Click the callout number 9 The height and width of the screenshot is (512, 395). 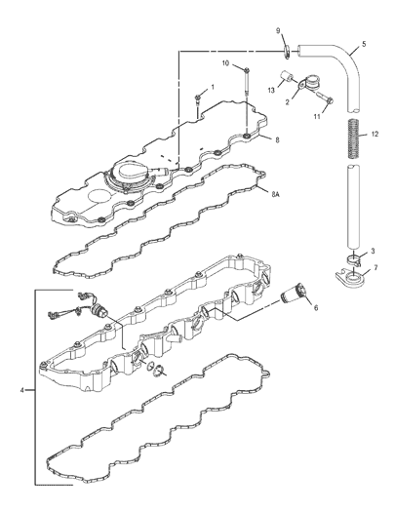[x=278, y=30]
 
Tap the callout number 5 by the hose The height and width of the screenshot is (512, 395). [x=364, y=44]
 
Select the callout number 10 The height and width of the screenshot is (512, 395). [x=226, y=63]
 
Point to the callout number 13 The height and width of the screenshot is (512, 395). [x=271, y=91]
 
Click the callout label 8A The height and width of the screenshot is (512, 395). [x=275, y=194]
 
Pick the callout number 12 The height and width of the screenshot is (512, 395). [x=375, y=134]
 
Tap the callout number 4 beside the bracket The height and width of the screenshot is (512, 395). [x=21, y=390]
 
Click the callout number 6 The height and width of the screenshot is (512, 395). [x=316, y=307]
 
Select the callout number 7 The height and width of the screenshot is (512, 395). [x=375, y=268]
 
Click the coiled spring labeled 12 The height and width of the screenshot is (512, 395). [x=352, y=138]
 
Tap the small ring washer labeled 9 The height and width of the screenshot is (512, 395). [x=287, y=53]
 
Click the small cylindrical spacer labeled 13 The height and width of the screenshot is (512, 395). [x=286, y=77]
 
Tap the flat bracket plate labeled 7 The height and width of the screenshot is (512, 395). [x=350, y=279]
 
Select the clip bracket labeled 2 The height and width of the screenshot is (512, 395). [x=308, y=82]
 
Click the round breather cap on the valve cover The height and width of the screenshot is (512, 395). [x=132, y=173]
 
